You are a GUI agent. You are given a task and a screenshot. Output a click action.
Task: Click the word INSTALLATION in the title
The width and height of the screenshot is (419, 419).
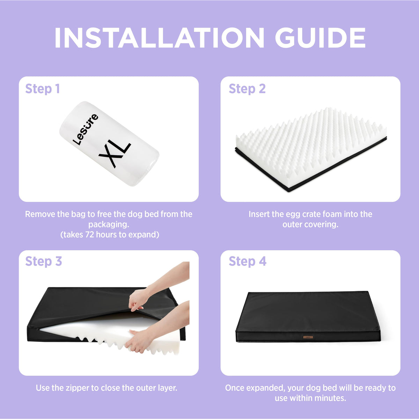(159, 37)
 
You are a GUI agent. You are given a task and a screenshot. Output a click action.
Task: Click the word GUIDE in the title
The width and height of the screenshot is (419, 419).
(320, 37)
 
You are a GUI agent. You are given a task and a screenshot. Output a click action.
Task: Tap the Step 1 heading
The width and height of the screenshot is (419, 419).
(42, 89)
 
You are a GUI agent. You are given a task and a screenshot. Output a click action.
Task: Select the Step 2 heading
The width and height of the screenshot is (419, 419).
(247, 89)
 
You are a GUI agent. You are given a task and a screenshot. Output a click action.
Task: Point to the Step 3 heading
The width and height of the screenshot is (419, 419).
(44, 262)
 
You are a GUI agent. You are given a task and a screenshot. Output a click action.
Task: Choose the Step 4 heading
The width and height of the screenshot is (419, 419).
(248, 262)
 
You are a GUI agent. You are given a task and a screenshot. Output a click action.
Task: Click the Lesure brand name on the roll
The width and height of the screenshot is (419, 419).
(85, 129)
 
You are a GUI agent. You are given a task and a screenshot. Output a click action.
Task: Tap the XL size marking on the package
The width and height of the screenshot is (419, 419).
(115, 155)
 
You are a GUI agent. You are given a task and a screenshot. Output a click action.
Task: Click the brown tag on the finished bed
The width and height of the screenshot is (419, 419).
(308, 337)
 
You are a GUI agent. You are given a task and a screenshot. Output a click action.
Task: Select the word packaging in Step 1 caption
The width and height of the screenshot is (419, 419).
(109, 225)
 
